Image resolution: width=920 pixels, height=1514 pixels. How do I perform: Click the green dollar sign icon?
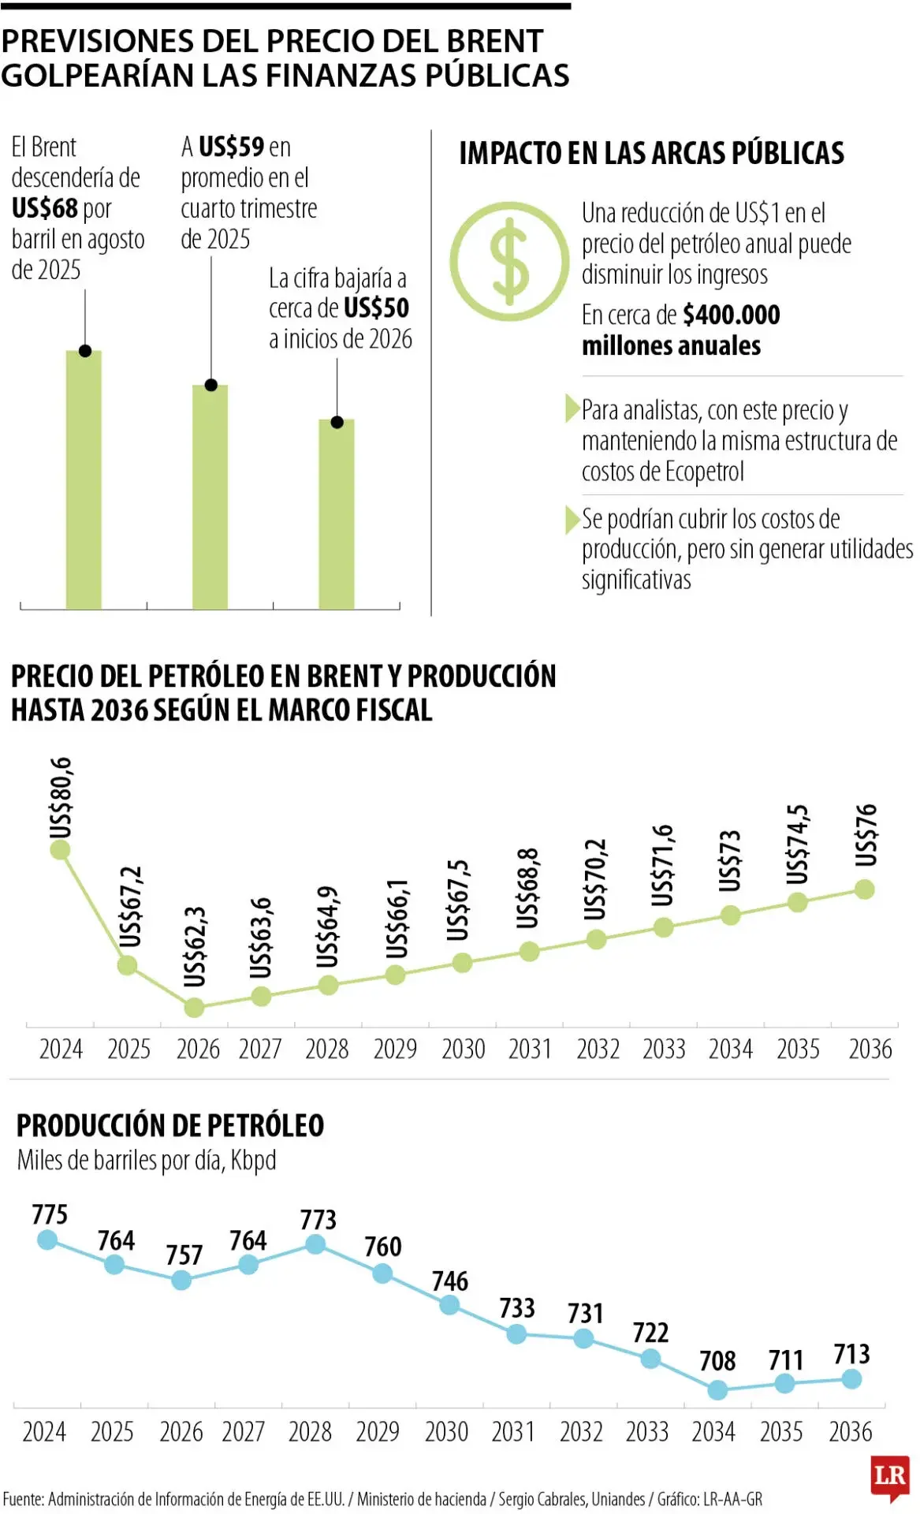tap(509, 261)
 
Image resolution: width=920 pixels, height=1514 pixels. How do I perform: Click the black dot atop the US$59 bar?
tap(210, 385)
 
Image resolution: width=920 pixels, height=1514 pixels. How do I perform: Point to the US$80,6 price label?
tap(61, 798)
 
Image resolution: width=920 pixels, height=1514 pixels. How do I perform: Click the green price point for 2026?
tap(194, 1007)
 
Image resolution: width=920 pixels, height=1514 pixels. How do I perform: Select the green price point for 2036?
tap(864, 889)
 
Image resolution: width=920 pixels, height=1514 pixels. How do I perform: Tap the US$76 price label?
tap(866, 834)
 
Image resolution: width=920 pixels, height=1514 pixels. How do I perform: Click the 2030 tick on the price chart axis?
tap(463, 1049)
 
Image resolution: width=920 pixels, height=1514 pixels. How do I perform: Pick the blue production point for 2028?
tap(315, 1244)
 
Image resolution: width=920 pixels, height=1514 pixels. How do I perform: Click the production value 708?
tap(717, 1360)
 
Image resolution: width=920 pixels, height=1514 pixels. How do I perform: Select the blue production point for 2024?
tap(47, 1240)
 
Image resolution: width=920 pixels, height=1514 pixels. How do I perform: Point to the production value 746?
tap(449, 1281)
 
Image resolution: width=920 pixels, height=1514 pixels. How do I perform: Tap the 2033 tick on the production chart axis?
tap(647, 1431)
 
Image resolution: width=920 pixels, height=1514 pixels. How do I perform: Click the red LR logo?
tap(890, 1475)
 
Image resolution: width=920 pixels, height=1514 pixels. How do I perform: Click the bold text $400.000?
tap(731, 315)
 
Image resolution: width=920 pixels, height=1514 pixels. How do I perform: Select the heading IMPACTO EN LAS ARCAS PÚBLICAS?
tap(651, 153)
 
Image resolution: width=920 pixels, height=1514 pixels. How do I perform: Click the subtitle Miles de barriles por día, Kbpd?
tap(147, 1161)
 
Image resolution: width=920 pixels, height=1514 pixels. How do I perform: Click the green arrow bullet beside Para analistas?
tap(572, 409)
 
